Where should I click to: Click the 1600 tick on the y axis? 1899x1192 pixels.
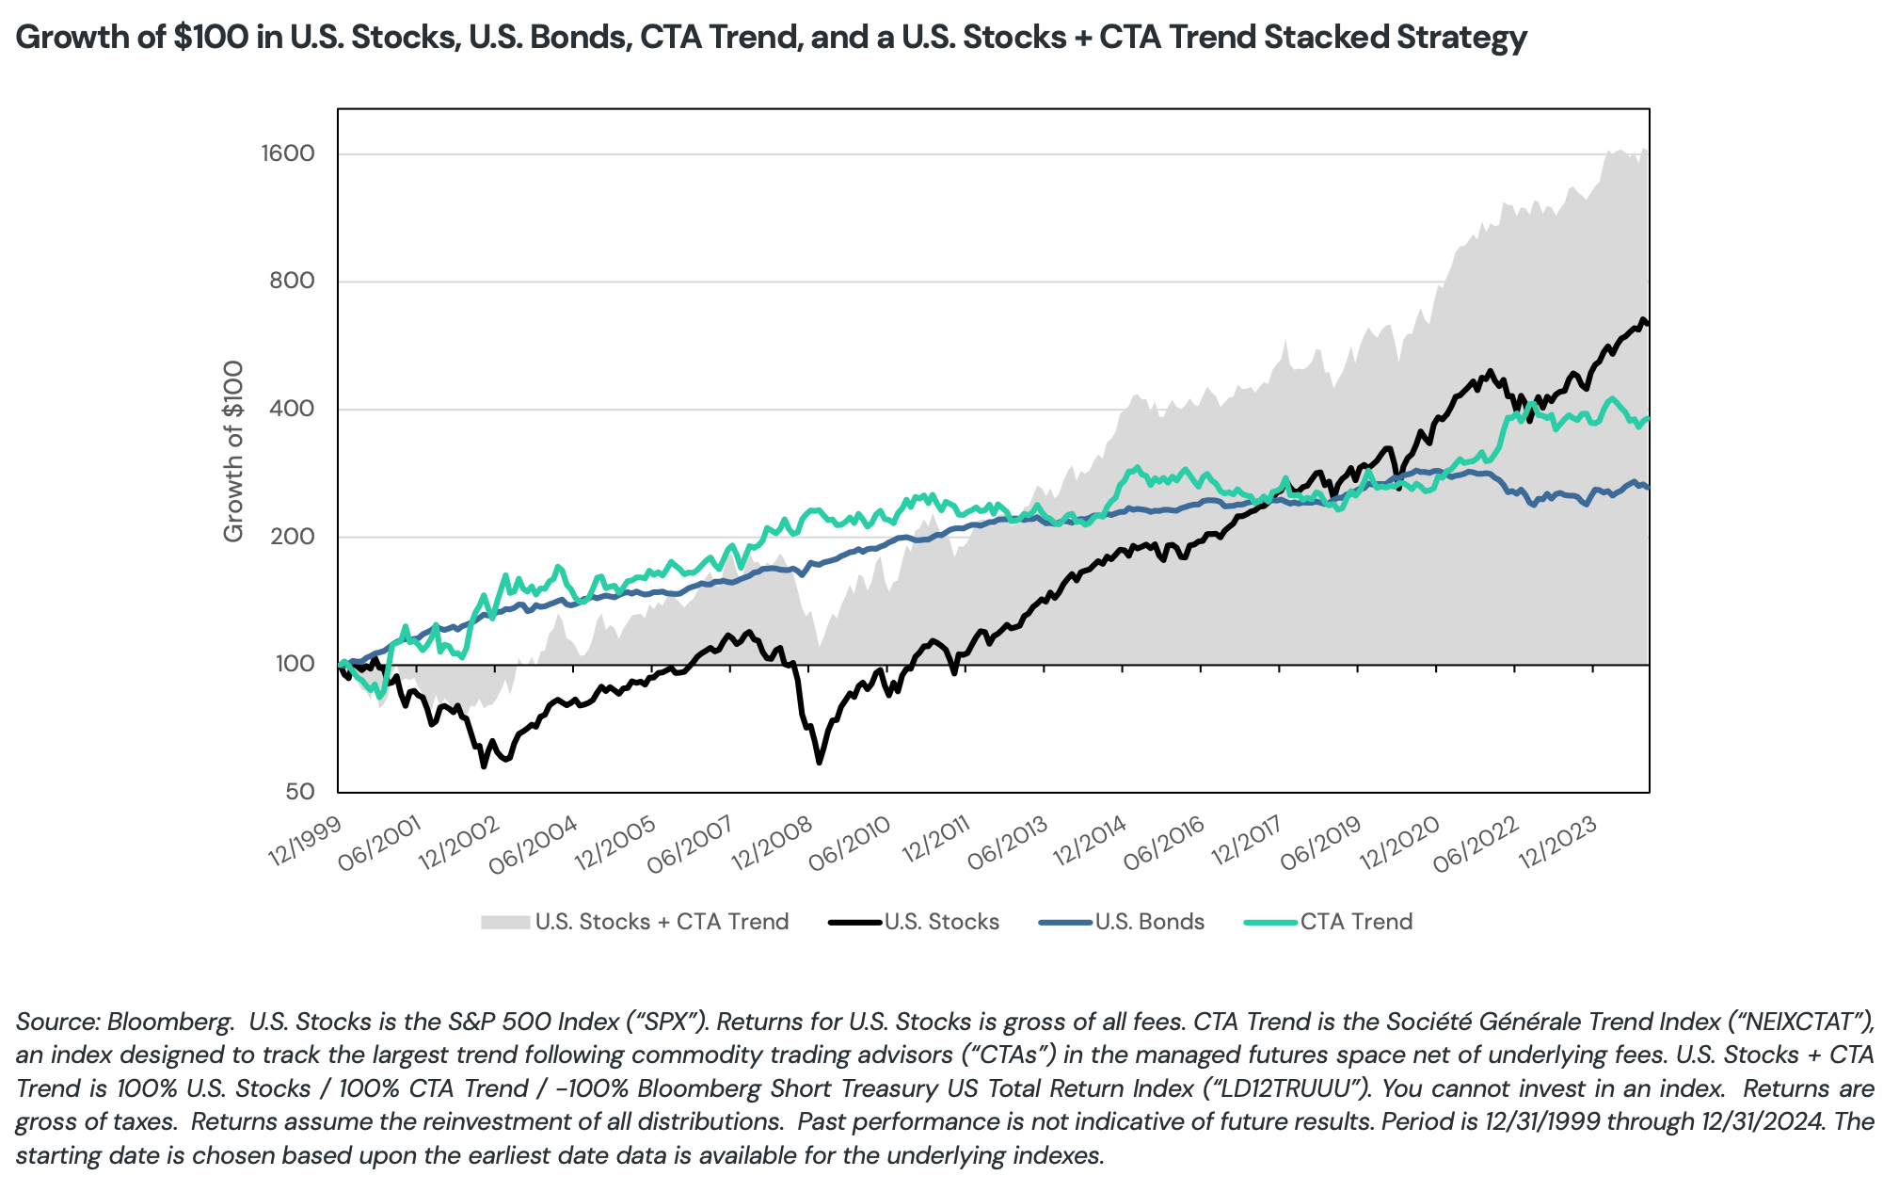pos(287,153)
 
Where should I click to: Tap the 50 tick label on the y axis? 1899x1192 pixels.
pos(300,792)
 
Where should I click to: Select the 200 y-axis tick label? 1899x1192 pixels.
pos(295,537)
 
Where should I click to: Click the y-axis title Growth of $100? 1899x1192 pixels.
pos(233,451)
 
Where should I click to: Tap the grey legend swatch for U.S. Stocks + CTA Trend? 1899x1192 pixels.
pos(505,922)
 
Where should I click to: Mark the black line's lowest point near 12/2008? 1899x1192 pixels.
pos(819,762)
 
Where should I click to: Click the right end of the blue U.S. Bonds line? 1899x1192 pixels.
pos(1648,488)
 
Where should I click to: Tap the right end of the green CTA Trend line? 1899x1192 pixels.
pos(1648,418)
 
